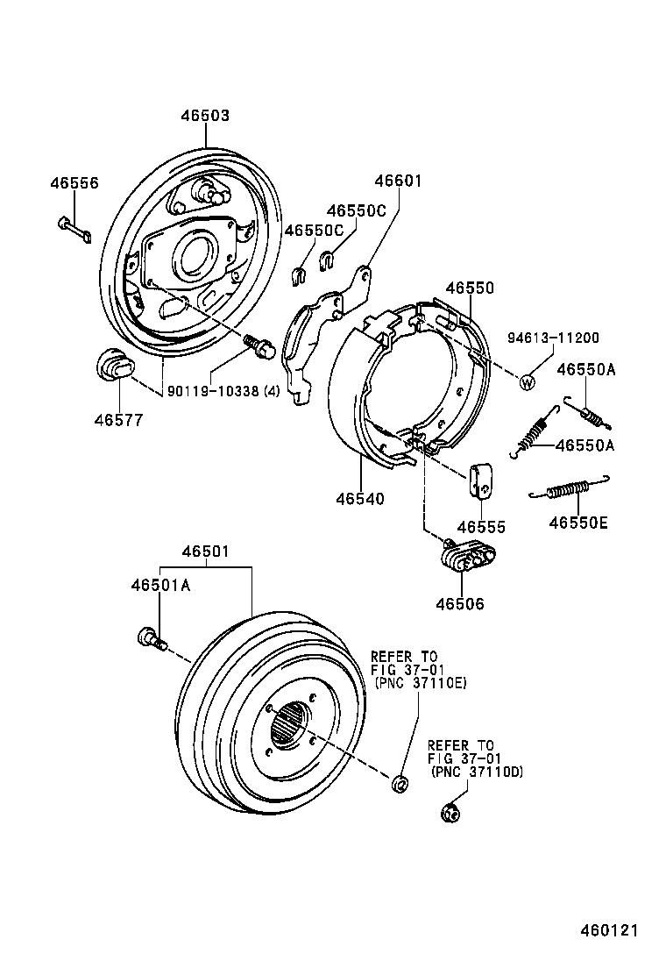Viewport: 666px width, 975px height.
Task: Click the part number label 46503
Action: [x=205, y=116]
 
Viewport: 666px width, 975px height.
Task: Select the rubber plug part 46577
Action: [x=111, y=365]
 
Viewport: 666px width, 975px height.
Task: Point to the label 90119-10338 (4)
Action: [x=223, y=391]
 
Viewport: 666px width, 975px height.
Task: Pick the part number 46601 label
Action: [x=399, y=181]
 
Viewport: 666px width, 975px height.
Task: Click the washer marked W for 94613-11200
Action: [x=528, y=381]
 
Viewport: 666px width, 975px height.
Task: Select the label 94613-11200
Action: [x=554, y=338]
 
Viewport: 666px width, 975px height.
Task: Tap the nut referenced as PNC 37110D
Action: [x=451, y=813]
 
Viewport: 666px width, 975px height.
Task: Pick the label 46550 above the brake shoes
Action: [x=469, y=288]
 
